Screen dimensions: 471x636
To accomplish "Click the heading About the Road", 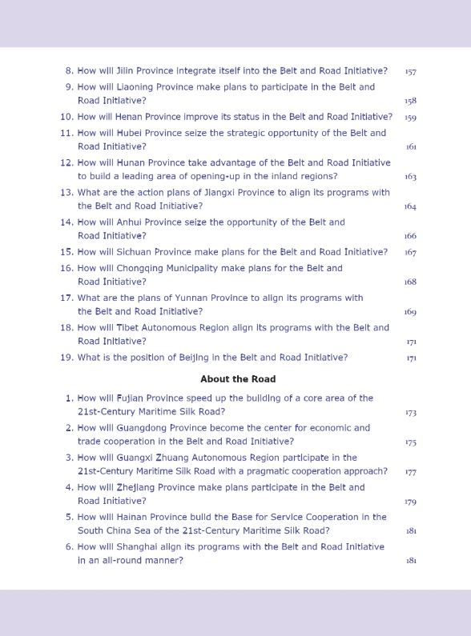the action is coord(238,378).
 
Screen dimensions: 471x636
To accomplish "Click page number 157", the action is coord(410,72).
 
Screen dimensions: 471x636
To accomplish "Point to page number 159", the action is coord(410,118).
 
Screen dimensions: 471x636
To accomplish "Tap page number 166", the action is coord(410,237).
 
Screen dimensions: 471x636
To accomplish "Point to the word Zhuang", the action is coord(178,458).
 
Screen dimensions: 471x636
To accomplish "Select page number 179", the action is coord(410,502).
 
